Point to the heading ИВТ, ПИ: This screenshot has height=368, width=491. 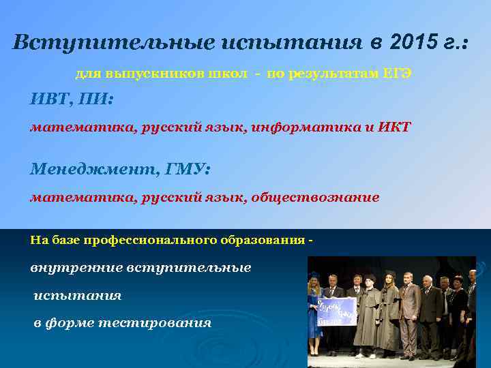click(x=72, y=99)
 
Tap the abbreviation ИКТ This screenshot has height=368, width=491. click(x=396, y=127)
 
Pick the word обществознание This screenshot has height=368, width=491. click(x=314, y=198)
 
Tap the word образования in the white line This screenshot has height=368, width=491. click(x=263, y=240)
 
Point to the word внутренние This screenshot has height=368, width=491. click(x=75, y=268)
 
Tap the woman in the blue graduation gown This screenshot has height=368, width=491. click(x=314, y=307)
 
